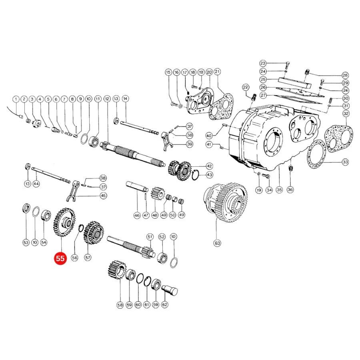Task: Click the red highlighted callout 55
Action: coord(60,258)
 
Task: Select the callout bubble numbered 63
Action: coord(217,243)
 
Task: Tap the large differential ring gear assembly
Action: coord(226,202)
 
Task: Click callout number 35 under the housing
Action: coord(279,190)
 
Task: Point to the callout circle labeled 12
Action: coord(107,99)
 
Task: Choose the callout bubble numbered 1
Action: coord(16,100)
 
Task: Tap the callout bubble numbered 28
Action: coord(345,75)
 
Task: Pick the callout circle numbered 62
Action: coord(165,305)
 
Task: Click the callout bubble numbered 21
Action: coord(217,72)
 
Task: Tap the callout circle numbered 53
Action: coord(26,242)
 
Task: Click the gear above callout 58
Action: coord(117,270)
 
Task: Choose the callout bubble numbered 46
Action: coord(137,215)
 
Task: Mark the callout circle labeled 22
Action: coord(246,87)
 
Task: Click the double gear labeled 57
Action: coord(94,232)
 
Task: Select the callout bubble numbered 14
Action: coord(125,99)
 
